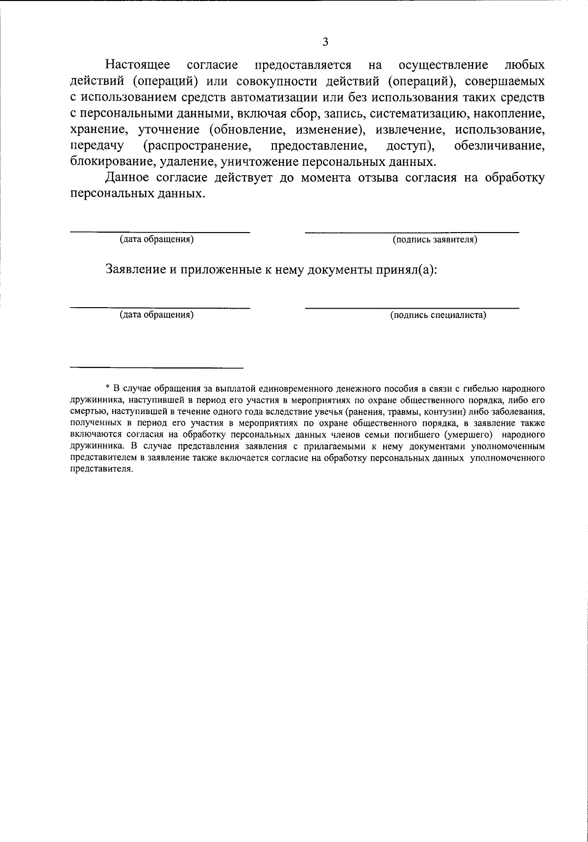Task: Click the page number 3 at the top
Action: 325,42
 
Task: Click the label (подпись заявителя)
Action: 435,240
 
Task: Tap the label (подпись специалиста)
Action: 438,316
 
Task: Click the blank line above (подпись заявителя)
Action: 412,232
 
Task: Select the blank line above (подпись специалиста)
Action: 412,308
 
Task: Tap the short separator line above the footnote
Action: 157,368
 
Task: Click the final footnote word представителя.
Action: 101,469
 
